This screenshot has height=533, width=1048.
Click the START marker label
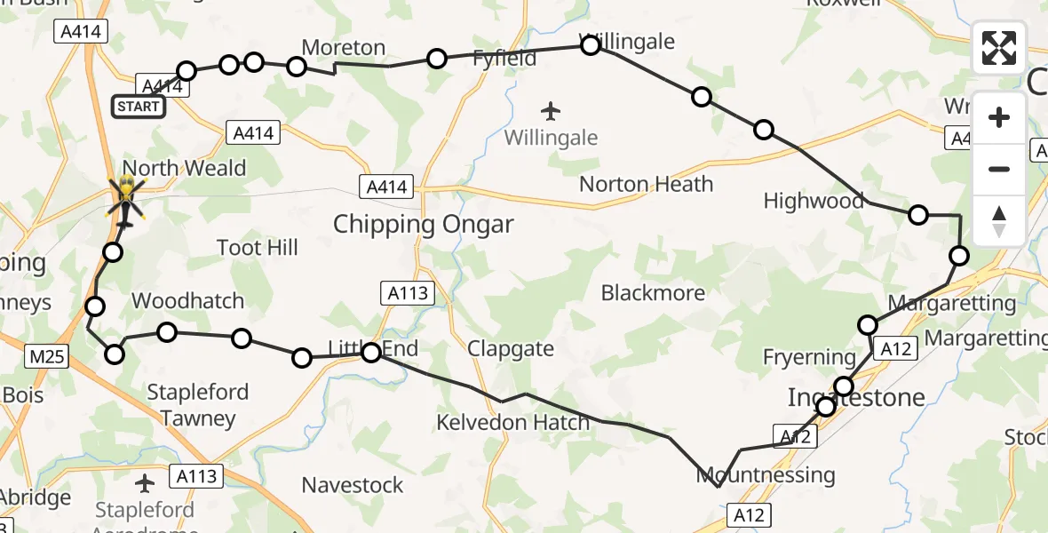coord(139,107)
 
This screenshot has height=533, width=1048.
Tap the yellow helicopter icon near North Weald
coord(126,195)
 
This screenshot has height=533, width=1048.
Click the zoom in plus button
coord(999,117)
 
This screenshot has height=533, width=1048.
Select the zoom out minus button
coord(999,169)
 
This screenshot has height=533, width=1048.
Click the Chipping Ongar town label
coord(423,225)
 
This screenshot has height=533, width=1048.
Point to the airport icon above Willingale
coord(551,112)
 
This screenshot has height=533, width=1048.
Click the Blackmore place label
coord(653,293)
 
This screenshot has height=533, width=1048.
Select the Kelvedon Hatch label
coord(512,423)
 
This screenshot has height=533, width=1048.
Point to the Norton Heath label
coord(646,185)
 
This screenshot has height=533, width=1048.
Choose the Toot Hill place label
coord(258,248)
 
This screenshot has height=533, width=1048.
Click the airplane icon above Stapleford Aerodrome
coord(145,483)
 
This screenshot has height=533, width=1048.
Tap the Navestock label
coord(353,485)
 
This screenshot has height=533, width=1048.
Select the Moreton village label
coord(344,48)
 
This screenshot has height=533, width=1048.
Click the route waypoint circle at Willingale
coord(591,45)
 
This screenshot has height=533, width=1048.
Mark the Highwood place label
coord(814,201)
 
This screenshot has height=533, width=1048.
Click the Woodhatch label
coord(187,301)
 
